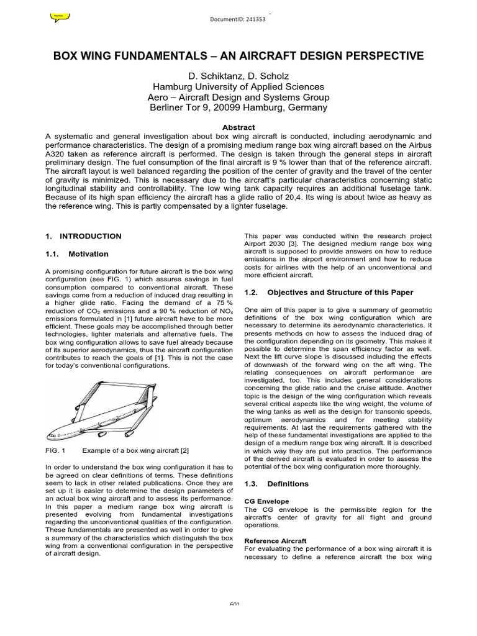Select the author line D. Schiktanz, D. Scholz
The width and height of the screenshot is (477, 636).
point(238,76)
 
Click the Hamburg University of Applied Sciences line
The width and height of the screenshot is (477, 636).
point(238,87)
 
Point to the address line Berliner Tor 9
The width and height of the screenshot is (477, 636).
point(238,107)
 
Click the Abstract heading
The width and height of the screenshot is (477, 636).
point(238,127)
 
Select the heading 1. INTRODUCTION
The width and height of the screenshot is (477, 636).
point(84,236)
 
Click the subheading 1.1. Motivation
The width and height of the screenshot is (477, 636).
point(77,254)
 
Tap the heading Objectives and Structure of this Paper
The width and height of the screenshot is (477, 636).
point(340,292)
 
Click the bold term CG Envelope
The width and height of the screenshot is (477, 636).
point(268,501)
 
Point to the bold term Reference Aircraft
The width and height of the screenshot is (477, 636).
point(275,541)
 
